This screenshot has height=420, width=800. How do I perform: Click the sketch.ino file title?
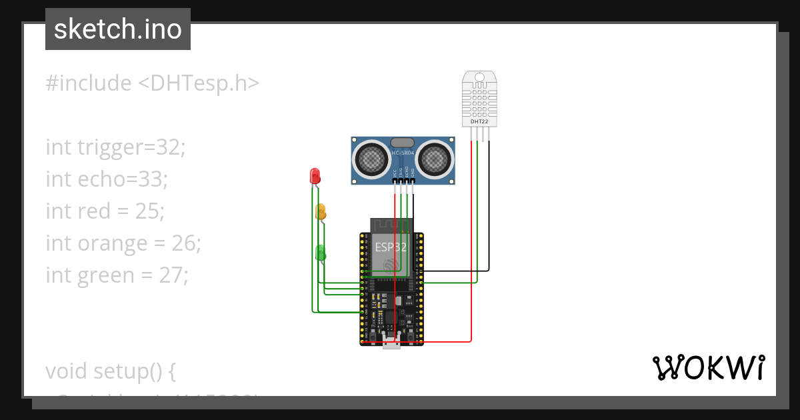click(118, 29)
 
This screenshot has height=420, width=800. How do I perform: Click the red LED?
click(315, 176)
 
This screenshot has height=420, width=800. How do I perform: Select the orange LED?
click(321, 212)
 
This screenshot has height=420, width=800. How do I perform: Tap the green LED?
click(321, 253)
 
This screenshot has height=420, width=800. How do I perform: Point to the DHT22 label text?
click(479, 122)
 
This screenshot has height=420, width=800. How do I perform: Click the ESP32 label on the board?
click(391, 247)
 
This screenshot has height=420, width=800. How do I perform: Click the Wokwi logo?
click(708, 368)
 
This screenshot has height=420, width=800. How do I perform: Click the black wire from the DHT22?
click(489, 200)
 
